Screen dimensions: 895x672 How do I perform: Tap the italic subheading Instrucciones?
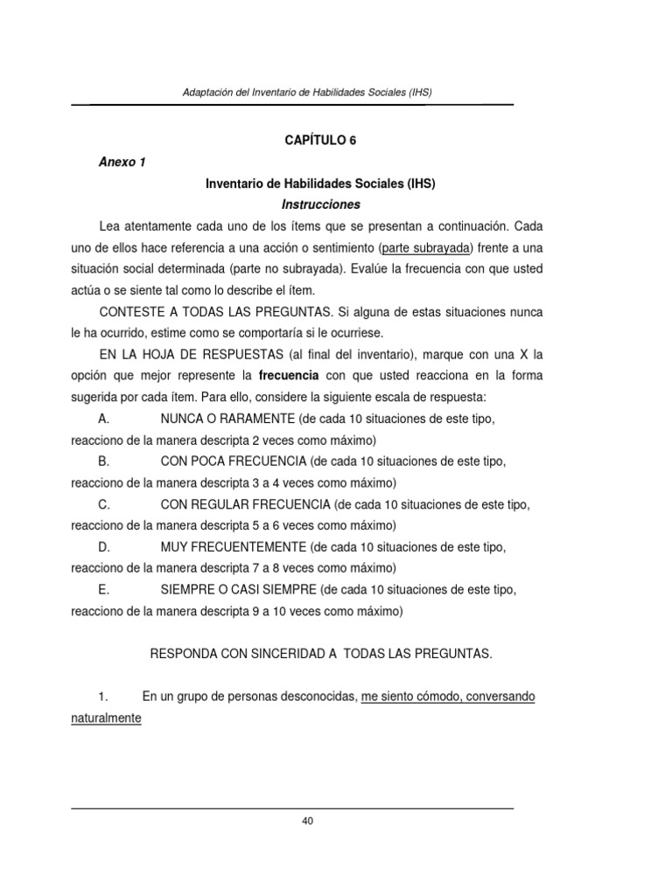319,205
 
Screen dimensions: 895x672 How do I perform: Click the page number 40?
307,820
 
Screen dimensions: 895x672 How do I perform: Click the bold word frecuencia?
289,375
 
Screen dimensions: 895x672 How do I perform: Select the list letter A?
103,419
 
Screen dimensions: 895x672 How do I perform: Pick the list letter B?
103,461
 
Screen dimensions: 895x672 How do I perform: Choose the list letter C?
103,504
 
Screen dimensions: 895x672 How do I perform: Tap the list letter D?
103,547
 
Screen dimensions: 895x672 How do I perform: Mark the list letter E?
103,590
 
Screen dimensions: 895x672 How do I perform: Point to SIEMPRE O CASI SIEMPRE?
239,590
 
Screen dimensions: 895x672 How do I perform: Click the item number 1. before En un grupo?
102,697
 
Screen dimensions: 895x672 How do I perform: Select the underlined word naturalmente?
106,718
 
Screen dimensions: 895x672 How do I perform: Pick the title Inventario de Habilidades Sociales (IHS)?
319,184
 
